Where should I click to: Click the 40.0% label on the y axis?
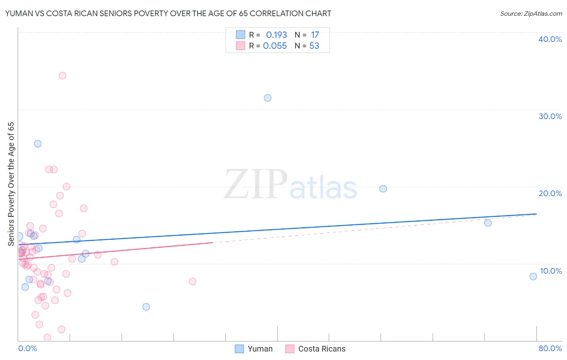coord(550,39)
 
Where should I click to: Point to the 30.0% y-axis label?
coord(550,116)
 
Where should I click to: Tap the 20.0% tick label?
coord(550,193)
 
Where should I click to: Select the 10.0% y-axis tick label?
coord(550,271)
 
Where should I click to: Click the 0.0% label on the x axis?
coord(27,348)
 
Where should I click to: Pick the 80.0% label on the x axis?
coord(550,348)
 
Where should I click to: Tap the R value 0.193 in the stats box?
coord(276,35)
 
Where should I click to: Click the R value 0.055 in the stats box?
coord(275,46)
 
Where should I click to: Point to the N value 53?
coord(314,46)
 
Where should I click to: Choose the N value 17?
coord(315,35)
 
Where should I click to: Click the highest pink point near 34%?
coord(63,75)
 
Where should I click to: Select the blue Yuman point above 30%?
coord(267,98)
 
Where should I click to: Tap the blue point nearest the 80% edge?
coord(533,276)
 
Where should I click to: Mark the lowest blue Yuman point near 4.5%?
coord(146,307)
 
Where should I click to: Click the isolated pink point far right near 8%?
coord(192,281)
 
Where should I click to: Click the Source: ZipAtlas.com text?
coord(531,14)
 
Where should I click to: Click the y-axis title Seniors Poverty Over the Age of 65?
coord(11,184)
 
